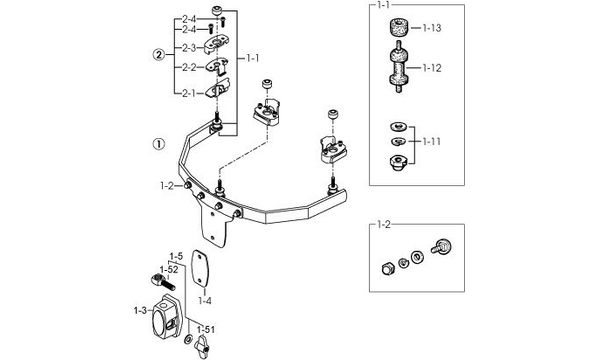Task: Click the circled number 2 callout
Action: [x=159, y=55]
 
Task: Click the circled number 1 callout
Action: [x=159, y=144]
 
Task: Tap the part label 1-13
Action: [x=432, y=28]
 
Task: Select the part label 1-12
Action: [x=432, y=68]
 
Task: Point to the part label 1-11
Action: [x=432, y=142]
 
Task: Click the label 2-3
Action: [x=189, y=48]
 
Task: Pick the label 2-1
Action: [x=189, y=93]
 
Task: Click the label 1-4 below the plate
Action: [x=205, y=301]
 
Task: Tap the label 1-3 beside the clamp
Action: [x=140, y=310]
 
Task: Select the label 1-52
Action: [x=169, y=270]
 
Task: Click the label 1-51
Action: [x=206, y=329]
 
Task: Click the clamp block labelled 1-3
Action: [x=166, y=317]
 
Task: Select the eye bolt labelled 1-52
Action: [x=163, y=282]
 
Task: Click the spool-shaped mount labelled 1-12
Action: [x=399, y=67]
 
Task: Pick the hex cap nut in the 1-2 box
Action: [x=388, y=269]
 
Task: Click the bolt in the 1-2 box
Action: [x=442, y=246]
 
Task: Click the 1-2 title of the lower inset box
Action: [x=383, y=225]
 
